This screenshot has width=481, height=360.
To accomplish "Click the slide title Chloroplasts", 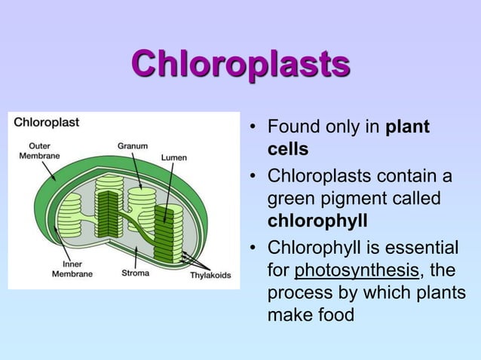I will pos(240,65).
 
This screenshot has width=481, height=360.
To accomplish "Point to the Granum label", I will pos(132,145).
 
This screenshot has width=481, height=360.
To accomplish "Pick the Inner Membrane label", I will pos(72,269).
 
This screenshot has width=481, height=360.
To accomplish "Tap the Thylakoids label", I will pos(210,275).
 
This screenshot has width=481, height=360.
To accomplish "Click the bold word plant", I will pos(407,127).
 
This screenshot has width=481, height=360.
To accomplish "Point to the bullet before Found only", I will pos(254,127).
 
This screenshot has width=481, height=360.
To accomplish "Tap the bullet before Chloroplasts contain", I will pos(254,177).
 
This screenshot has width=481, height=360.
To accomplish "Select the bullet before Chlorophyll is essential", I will pos(254,249).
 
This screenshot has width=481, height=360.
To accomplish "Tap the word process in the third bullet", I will pos(299,292).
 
